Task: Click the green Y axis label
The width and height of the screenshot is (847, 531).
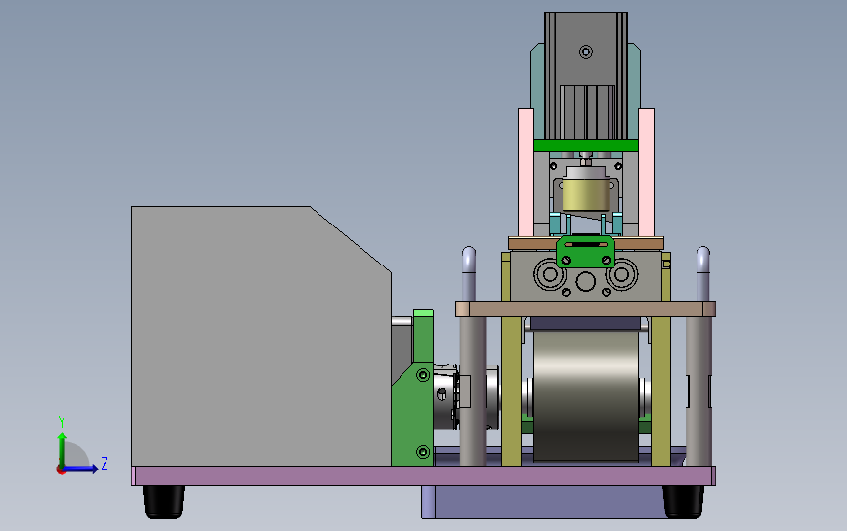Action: coord(62,421)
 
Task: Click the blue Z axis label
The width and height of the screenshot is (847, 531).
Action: coord(105,463)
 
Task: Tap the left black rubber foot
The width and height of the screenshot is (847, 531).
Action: coord(164,502)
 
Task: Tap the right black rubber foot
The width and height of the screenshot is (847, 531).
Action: coord(683,502)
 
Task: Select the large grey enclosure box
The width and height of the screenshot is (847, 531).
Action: coord(261,336)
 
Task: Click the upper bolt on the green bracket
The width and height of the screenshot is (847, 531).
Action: coord(423,375)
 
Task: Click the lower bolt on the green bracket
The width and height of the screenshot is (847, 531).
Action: coord(423,451)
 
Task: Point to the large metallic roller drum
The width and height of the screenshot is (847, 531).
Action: coord(586,395)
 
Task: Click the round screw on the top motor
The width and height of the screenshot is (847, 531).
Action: coord(586,52)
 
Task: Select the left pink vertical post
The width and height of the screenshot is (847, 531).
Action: coord(527,172)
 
